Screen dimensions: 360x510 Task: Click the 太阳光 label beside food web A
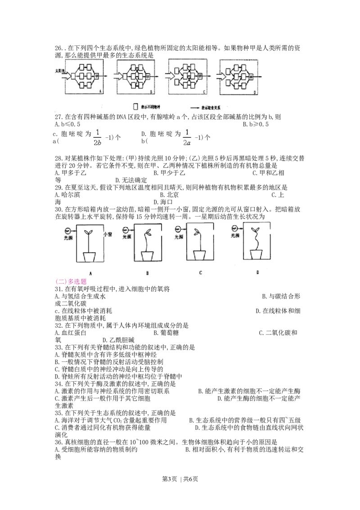pyautogui.click(x=60, y=71)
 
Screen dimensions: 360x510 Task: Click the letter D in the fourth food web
pyautogui.click(x=255, y=91)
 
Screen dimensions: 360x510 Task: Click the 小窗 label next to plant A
pyautogui.click(x=108, y=234)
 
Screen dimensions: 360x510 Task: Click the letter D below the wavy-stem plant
pyautogui.click(x=258, y=272)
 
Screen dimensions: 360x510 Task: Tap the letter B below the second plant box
pyautogui.click(x=148, y=273)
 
